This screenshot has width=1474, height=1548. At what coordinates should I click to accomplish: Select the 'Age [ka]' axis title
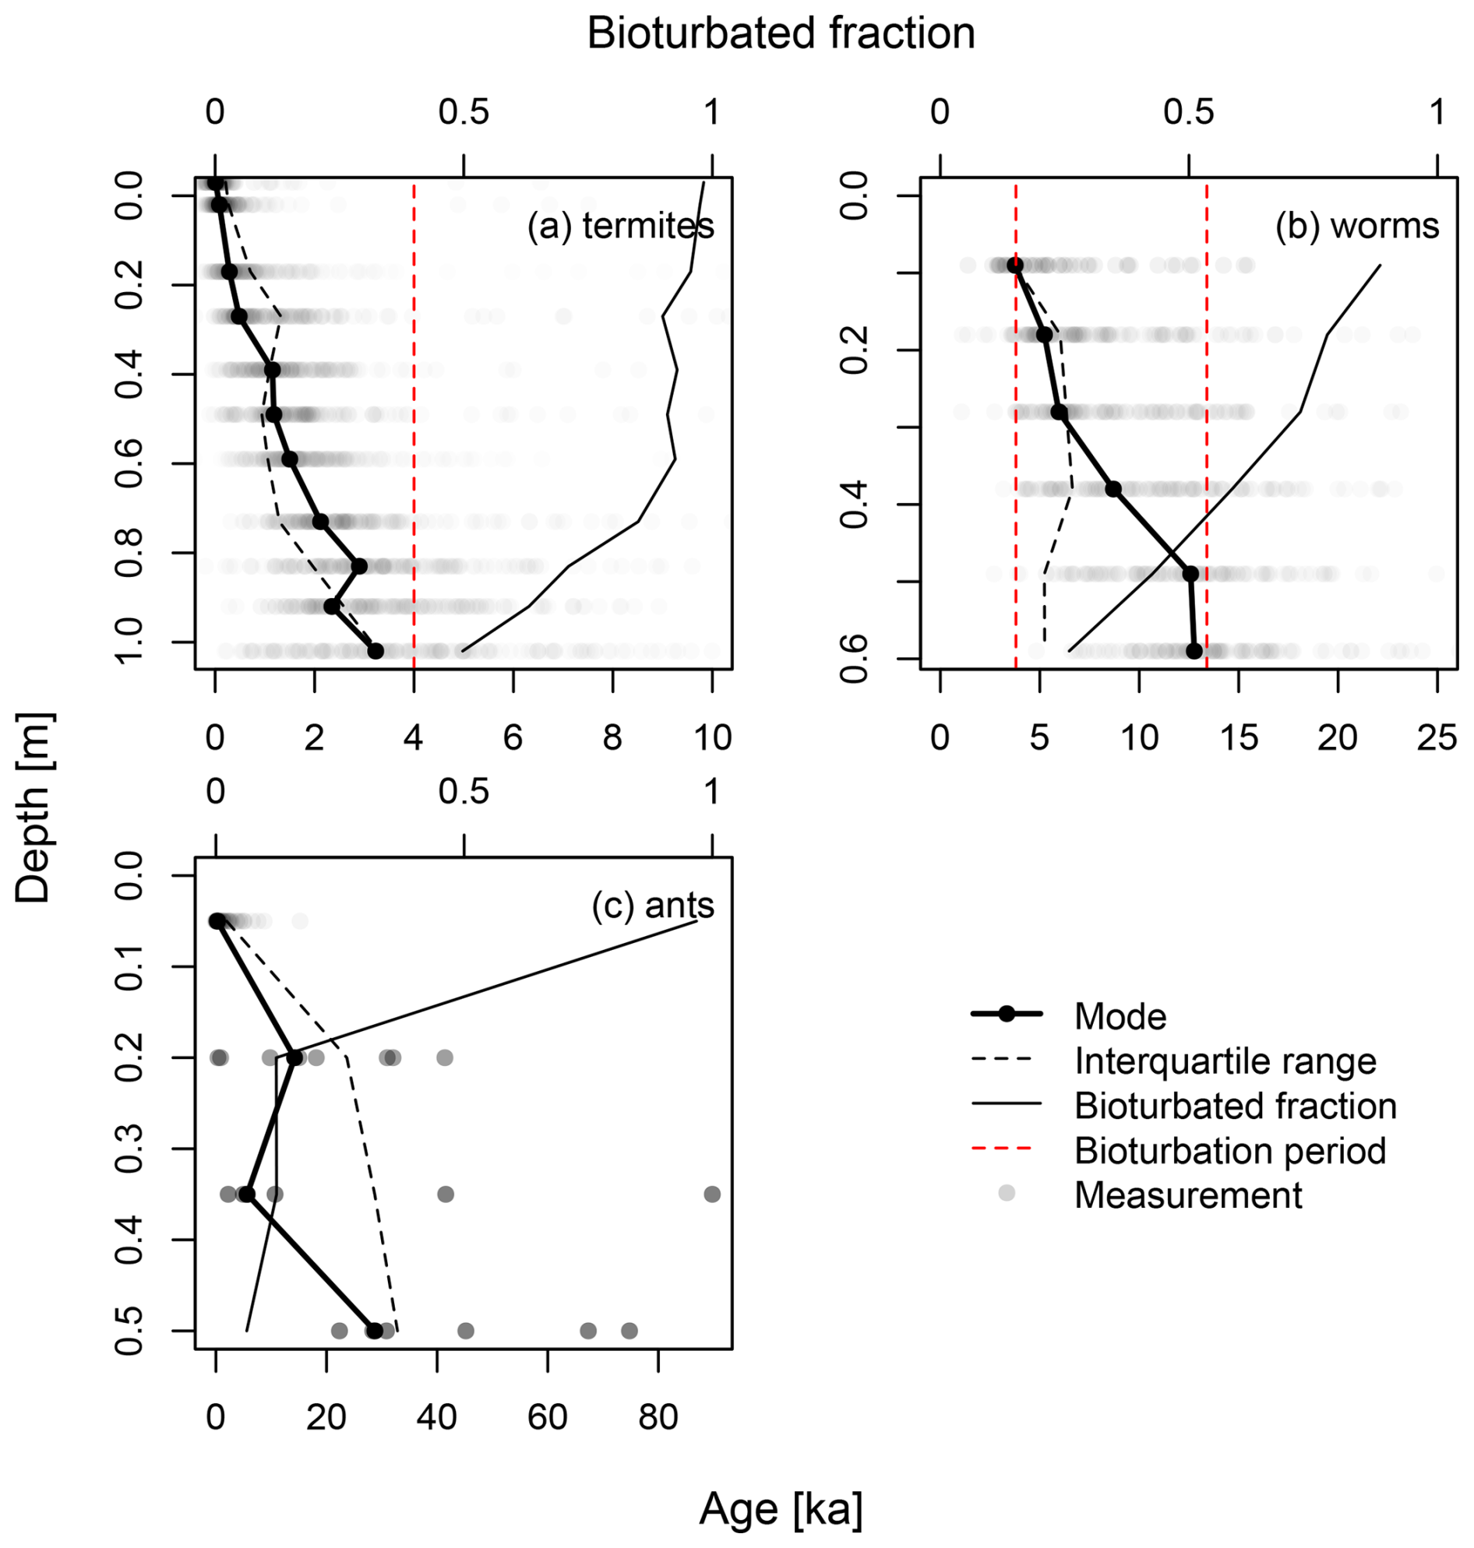781,1508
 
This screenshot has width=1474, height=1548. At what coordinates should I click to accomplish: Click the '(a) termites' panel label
621,226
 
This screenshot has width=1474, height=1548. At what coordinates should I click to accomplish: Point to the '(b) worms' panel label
1357,226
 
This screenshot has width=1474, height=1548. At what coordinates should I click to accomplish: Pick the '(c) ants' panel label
653,905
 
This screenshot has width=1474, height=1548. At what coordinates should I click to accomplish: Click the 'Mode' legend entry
1120,1016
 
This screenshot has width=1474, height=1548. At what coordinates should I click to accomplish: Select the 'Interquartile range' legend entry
1225,1061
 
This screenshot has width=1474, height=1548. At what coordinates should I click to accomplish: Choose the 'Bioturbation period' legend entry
1229,1151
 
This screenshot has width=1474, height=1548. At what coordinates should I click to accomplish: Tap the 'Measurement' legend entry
1188,1195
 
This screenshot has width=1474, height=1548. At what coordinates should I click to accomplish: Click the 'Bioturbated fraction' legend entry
1235,1106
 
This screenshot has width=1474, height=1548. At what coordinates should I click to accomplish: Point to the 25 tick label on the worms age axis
1437,737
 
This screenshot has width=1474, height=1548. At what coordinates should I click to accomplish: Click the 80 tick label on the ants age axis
658,1417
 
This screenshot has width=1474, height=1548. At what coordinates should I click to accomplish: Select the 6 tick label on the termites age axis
513,737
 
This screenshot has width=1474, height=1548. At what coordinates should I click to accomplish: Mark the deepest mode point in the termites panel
376,651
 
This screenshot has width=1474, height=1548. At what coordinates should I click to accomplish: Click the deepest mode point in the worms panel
1194,650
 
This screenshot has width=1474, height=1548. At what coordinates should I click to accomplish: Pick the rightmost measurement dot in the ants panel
712,1194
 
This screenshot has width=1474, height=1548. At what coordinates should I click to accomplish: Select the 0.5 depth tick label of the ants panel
130,1331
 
